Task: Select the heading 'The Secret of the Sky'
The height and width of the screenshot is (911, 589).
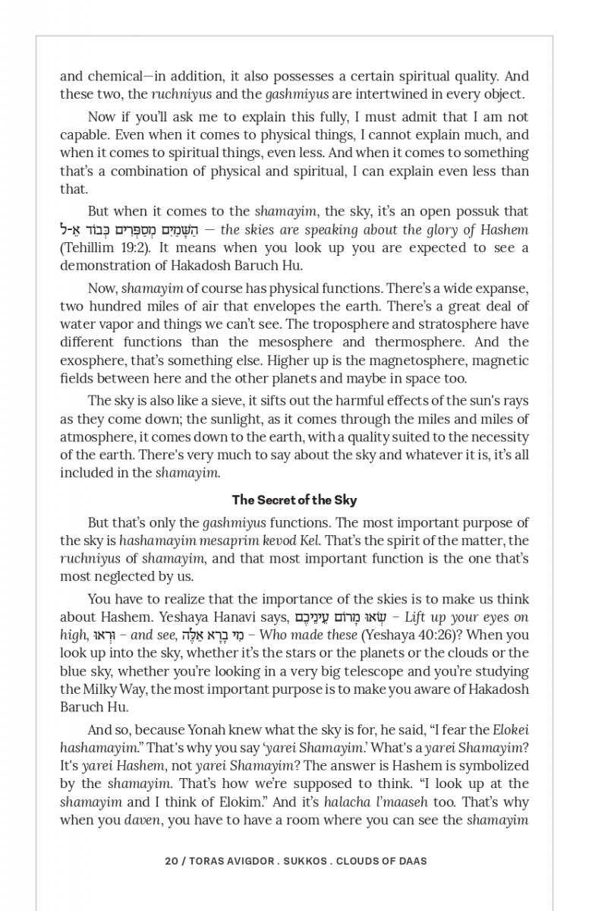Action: pyautogui.click(x=294, y=500)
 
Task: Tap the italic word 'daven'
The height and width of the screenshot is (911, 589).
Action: pyautogui.click(x=142, y=820)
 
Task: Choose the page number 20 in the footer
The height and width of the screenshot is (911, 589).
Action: pyautogui.click(x=171, y=861)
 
